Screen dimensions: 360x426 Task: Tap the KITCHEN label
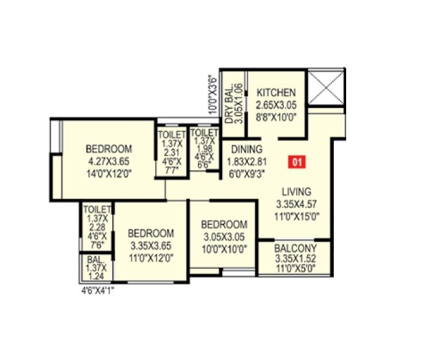[x=275, y=93]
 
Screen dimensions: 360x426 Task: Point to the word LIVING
[x=295, y=192]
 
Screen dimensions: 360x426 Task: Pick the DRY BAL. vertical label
[x=229, y=104]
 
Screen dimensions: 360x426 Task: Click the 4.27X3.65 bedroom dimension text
[x=109, y=160]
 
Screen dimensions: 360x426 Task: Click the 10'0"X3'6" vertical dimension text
[x=211, y=96]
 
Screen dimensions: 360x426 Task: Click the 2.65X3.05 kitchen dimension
[x=275, y=105]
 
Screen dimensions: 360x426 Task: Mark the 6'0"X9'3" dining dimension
[x=242, y=174]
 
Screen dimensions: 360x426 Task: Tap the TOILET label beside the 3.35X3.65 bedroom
[x=97, y=209]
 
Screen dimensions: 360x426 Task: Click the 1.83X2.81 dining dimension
[x=242, y=162]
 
